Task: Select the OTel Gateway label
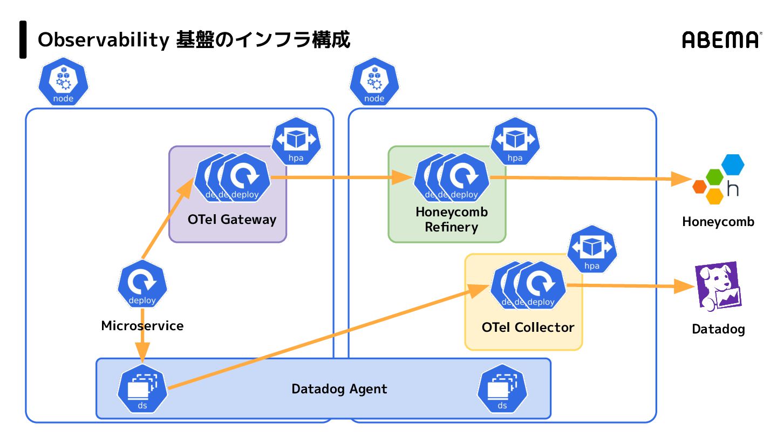click(x=232, y=220)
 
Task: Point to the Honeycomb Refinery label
click(x=452, y=220)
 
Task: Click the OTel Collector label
click(x=528, y=327)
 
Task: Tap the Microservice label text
click(x=142, y=326)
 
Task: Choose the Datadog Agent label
click(x=339, y=389)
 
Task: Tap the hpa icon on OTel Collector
click(x=592, y=249)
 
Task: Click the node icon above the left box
click(x=63, y=83)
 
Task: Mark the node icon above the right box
click(x=374, y=83)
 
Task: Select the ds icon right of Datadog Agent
click(x=502, y=390)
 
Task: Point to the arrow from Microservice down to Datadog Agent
click(x=142, y=345)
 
